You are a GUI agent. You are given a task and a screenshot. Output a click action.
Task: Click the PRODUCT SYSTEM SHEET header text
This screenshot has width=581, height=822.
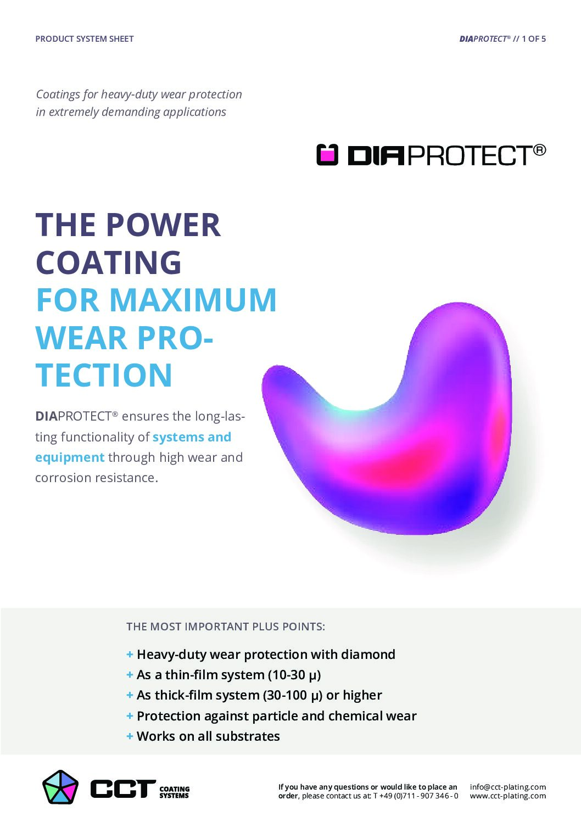(x=85, y=39)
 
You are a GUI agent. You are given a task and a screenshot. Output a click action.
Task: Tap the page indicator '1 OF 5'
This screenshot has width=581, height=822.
(x=534, y=39)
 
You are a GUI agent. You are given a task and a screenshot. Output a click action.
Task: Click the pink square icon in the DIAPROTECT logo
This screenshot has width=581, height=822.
(x=327, y=155)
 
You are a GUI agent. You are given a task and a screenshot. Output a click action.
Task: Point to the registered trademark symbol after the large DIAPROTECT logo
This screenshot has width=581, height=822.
(x=539, y=150)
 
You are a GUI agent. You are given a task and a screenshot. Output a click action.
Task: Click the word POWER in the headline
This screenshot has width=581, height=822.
(x=163, y=225)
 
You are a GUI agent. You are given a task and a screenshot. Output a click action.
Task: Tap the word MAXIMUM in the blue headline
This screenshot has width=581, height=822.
(x=193, y=300)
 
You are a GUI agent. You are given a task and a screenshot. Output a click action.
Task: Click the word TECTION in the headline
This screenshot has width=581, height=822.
(x=104, y=374)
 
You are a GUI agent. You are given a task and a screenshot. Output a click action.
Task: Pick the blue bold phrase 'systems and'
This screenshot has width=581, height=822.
(x=192, y=437)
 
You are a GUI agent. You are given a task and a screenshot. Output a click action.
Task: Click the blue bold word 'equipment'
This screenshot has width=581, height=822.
(x=70, y=457)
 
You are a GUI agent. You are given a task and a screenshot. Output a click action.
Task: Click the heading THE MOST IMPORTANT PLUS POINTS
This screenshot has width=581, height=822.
(x=226, y=627)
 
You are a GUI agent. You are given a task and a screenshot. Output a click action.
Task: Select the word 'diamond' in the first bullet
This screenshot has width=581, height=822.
(x=368, y=655)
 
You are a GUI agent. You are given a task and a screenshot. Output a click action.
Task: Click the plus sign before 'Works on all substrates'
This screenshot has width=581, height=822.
(x=130, y=736)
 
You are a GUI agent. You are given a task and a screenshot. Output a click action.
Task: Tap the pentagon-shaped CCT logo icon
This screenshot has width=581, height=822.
(x=60, y=787)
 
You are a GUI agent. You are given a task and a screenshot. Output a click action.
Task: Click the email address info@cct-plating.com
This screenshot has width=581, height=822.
(x=507, y=787)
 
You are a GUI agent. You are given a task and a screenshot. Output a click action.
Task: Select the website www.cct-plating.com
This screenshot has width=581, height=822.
(x=507, y=796)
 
